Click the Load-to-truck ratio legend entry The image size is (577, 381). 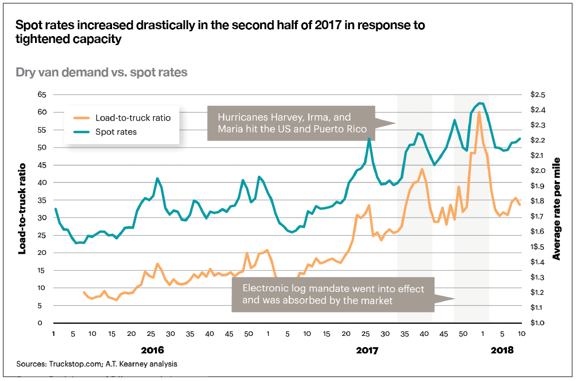point(133,118)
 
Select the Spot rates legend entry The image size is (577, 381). point(116,132)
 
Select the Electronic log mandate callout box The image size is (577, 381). point(333,295)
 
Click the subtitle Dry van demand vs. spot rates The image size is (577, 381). point(101,72)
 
